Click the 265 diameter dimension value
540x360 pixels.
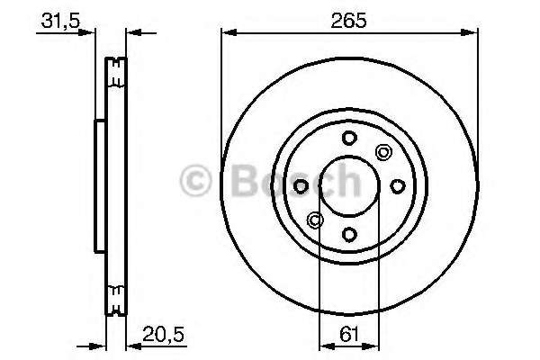point(348,21)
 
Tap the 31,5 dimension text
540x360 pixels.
point(60,21)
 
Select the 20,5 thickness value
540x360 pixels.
point(163,334)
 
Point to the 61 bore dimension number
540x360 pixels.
point(349,334)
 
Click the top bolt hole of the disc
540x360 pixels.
point(349,138)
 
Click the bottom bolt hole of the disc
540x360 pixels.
point(349,234)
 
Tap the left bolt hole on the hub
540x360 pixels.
point(301,186)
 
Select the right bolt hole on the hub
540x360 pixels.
point(397,186)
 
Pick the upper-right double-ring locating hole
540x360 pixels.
point(382,152)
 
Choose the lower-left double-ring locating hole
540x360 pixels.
point(315,220)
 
